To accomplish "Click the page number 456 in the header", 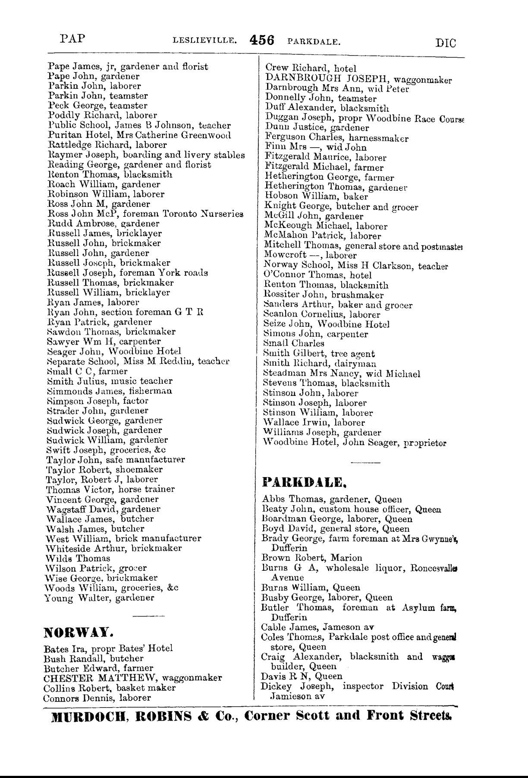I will tap(262, 40).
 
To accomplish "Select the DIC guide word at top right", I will tap(446, 43).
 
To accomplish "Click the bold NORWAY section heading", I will tap(79, 633).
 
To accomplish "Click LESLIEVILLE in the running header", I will tap(204, 42).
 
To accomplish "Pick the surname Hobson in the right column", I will tap(280, 197).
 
